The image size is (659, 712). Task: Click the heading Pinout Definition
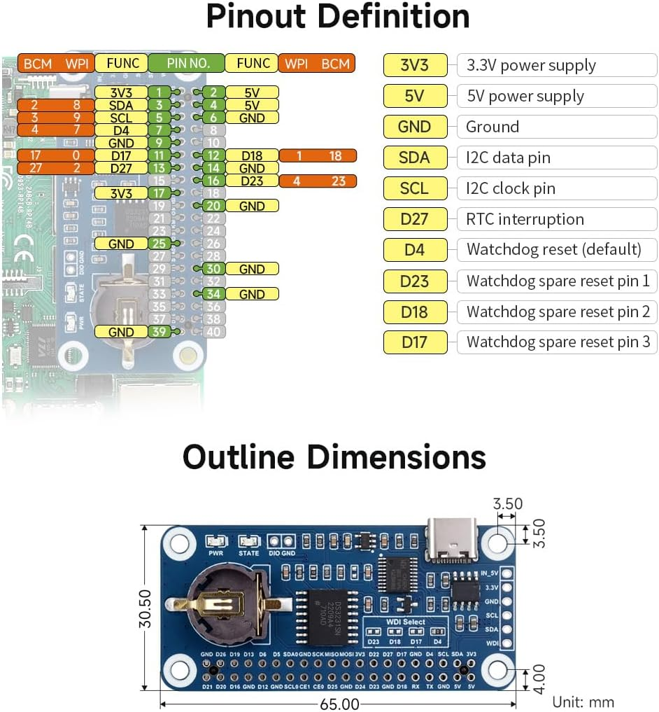tap(338, 18)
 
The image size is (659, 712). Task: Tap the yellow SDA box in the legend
tap(414, 158)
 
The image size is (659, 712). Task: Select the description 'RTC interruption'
tap(525, 219)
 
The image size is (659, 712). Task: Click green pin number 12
tap(214, 155)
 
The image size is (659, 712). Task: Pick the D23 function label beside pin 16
tap(252, 181)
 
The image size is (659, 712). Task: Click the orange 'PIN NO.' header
tap(186, 64)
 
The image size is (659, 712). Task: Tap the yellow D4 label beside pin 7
tap(121, 130)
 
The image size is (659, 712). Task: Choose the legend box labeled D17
tap(414, 342)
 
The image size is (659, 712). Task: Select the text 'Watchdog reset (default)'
tap(553, 249)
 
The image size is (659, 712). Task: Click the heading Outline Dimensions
tap(334, 457)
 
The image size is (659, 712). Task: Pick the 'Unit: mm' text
tap(583, 701)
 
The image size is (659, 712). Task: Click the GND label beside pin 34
tap(252, 294)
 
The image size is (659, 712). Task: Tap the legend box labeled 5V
tap(414, 96)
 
